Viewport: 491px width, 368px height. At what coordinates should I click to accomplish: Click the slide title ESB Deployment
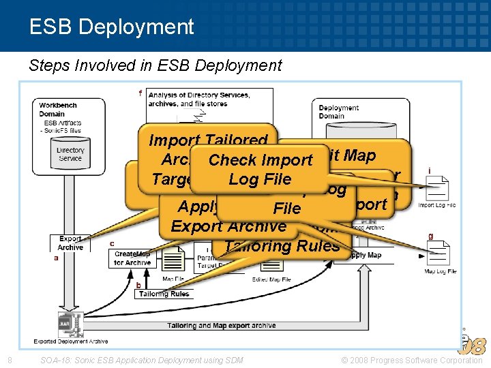pyautogui.click(x=112, y=27)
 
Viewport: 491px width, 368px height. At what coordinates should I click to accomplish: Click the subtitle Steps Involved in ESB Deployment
pyautogui.click(x=155, y=65)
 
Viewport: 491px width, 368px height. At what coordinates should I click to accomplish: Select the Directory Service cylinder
pyautogui.click(x=70, y=155)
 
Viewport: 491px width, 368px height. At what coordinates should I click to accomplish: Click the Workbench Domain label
pyautogui.click(x=58, y=110)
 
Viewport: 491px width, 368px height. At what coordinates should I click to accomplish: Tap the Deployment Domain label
pyautogui.click(x=338, y=112)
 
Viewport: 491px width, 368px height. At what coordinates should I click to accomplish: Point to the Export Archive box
pyautogui.click(x=70, y=243)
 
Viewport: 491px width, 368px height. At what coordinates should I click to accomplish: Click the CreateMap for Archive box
pyautogui.click(x=132, y=258)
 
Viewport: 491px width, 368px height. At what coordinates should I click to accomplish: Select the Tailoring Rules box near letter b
pyautogui.click(x=164, y=294)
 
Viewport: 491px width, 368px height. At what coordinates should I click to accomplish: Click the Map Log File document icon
pyautogui.click(x=437, y=254)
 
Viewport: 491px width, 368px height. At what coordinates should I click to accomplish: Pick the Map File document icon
pyautogui.click(x=173, y=266)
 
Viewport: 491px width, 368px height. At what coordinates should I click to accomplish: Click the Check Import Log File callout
pyautogui.click(x=260, y=170)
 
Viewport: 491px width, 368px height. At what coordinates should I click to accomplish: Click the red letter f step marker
pyautogui.click(x=140, y=93)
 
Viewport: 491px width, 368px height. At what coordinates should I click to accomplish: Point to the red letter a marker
pyautogui.click(x=56, y=258)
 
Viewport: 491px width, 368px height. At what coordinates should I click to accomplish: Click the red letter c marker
pyautogui.click(x=112, y=243)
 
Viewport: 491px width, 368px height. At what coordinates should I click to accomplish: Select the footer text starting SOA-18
pyautogui.click(x=141, y=360)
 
